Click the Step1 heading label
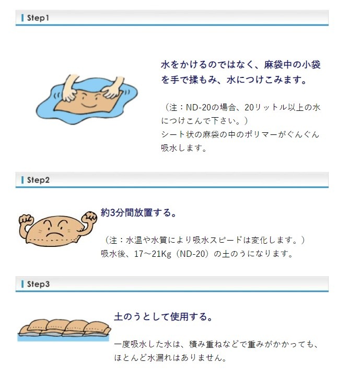click(38, 18)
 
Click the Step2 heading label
click(38, 180)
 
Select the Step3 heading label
click(38, 284)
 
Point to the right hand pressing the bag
click(113, 88)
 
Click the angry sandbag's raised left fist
click(26, 221)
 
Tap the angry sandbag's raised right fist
click(89, 217)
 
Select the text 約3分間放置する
click(135, 212)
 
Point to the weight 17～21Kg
click(153, 254)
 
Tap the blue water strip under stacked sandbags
click(63, 338)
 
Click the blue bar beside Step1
click(22, 18)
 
